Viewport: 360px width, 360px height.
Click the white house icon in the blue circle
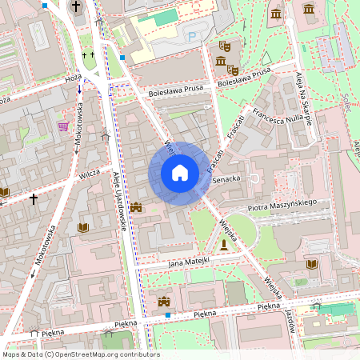(x=179, y=173)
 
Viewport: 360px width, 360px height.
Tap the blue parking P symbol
(x=190, y=36)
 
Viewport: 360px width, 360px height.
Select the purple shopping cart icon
(x=62, y=126)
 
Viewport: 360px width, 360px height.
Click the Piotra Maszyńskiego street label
(x=283, y=206)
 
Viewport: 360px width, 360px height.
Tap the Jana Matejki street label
(x=189, y=262)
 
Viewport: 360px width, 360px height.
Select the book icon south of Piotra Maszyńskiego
(x=311, y=264)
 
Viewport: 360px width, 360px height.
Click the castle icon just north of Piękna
(x=165, y=302)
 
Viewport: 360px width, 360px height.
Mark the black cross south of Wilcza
(x=33, y=198)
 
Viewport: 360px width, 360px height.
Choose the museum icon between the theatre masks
(x=220, y=62)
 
